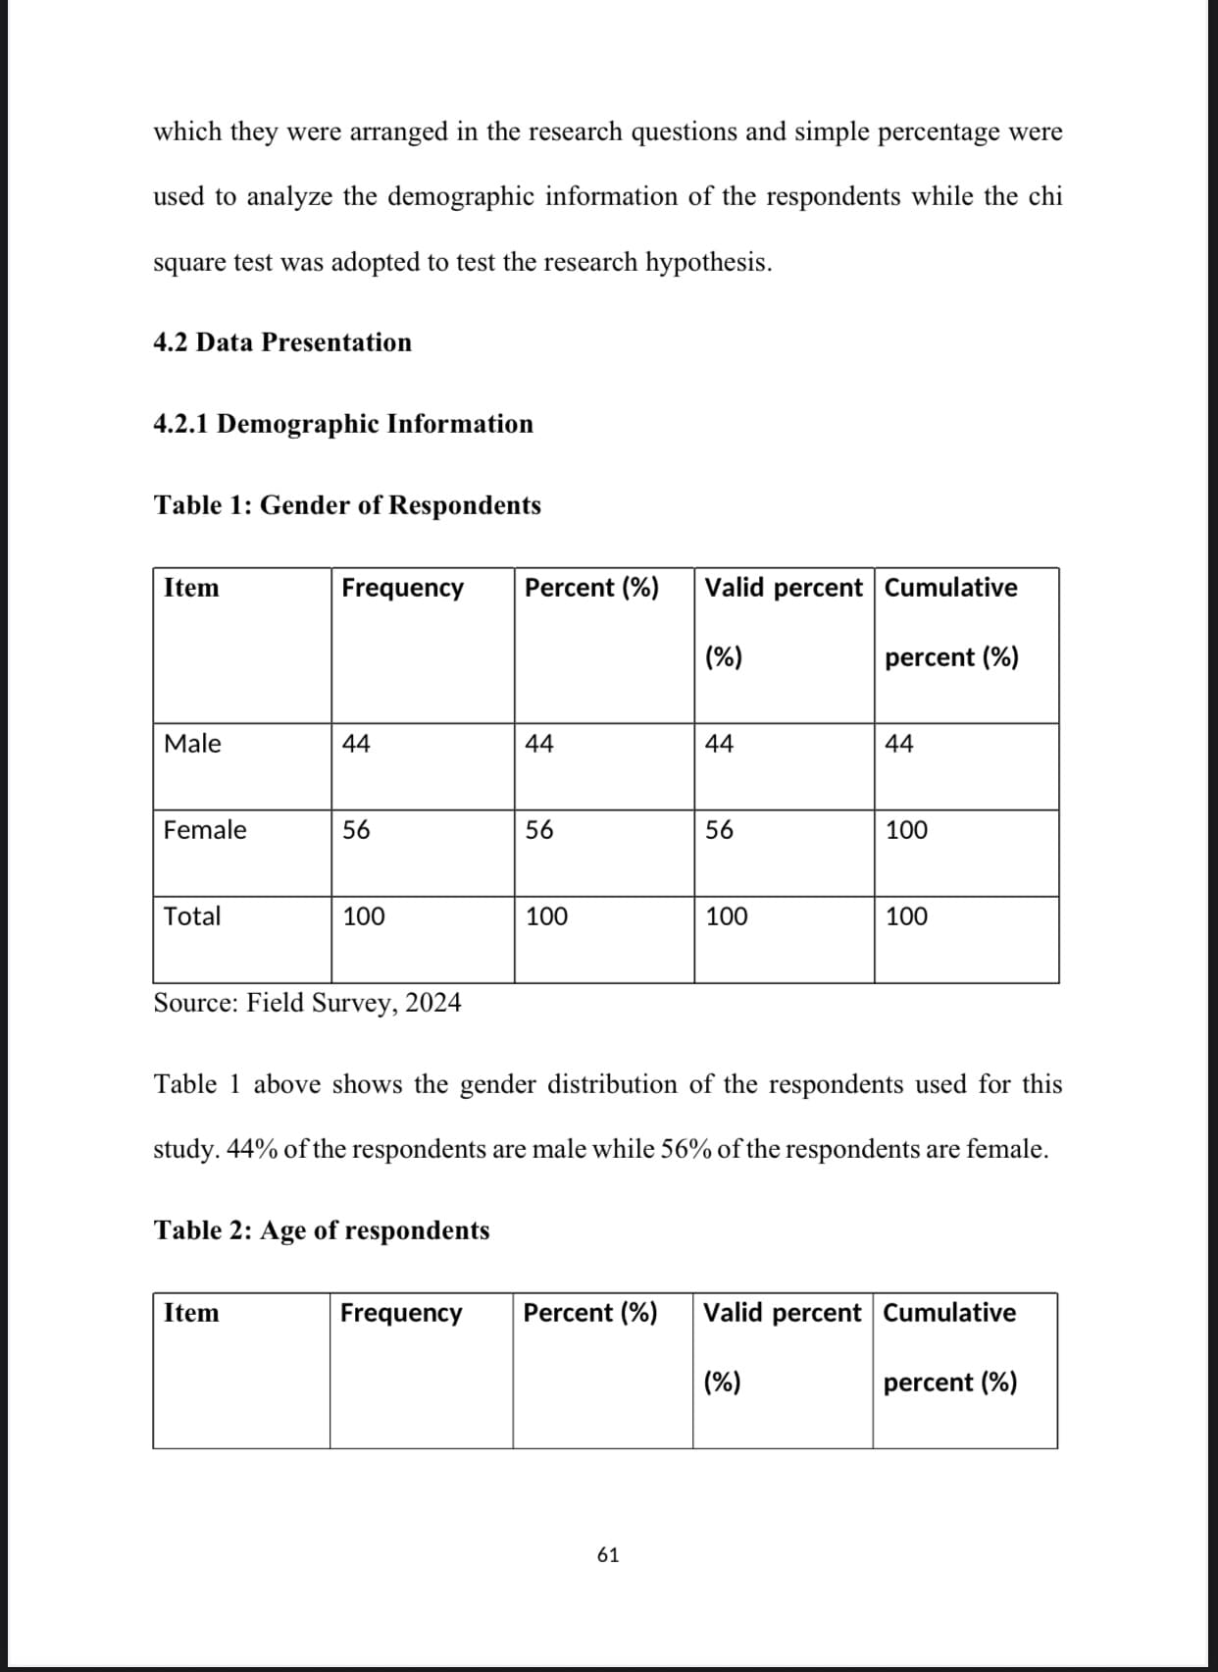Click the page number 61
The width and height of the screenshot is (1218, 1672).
(608, 1554)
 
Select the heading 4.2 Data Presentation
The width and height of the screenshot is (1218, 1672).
(282, 342)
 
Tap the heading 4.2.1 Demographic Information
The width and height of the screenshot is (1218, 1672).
(343, 424)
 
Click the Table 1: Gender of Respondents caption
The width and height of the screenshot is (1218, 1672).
(347, 505)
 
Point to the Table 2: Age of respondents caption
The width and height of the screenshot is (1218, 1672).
(322, 1230)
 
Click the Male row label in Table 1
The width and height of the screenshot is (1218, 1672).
(192, 744)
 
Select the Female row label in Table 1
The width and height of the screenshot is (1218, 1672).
(205, 830)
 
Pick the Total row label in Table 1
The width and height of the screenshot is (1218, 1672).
(192, 916)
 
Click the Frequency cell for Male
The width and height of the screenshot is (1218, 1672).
(356, 744)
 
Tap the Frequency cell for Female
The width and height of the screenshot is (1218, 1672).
(356, 830)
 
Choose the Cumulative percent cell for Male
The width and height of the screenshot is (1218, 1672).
(899, 744)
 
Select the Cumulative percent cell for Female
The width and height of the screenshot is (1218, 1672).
(906, 830)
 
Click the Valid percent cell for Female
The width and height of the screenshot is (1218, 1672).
(719, 830)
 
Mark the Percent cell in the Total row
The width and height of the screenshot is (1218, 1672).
(546, 916)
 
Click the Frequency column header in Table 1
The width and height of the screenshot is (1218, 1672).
(402, 588)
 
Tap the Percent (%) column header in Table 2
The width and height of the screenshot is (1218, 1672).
(590, 1313)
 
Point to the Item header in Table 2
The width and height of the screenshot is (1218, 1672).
(191, 1313)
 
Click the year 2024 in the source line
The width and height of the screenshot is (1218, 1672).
(432, 1003)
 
